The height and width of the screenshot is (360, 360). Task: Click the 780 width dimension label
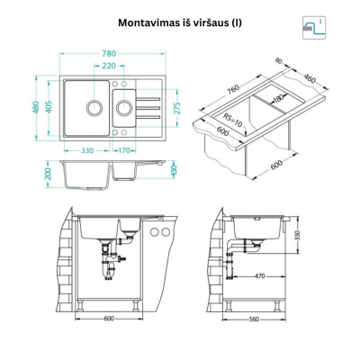109,54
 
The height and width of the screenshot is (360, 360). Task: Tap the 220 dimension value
109,66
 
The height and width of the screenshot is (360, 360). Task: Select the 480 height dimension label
36,107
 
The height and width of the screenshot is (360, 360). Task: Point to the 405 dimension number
49,107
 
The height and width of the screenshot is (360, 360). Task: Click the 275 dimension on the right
177,108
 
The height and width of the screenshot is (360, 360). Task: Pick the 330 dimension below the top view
87,150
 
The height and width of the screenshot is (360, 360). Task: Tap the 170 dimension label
123,150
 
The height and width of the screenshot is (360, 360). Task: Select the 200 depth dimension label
49,174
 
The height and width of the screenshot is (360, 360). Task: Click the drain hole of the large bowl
94,107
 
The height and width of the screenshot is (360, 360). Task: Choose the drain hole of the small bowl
124,107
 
